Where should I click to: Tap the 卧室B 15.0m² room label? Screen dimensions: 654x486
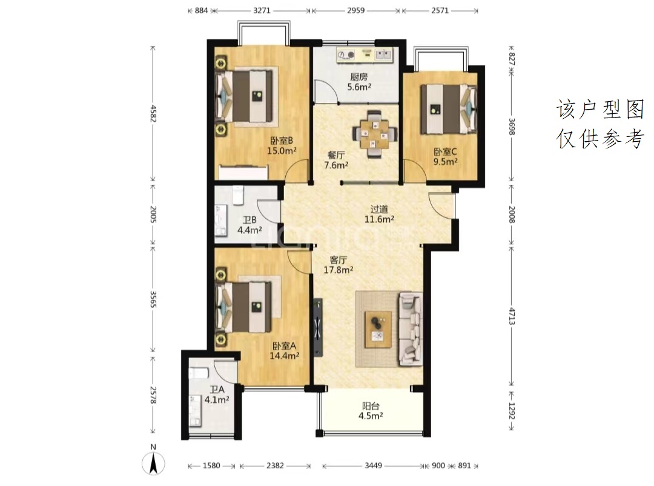click(282, 145)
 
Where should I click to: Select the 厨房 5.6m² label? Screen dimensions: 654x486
click(359, 82)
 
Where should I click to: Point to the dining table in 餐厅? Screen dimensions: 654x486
click(375, 134)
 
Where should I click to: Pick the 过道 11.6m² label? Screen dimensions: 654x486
click(379, 214)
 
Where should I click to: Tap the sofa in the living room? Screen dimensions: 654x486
click(410, 328)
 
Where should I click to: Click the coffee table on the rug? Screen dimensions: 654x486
click(378, 330)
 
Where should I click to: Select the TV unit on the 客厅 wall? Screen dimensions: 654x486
click(319, 328)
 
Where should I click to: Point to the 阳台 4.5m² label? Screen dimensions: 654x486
click(371, 410)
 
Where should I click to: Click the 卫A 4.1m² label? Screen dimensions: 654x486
click(217, 394)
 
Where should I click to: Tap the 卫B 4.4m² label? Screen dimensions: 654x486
click(249, 225)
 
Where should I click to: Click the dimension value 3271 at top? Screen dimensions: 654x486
click(262, 10)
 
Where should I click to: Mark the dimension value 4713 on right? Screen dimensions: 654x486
click(512, 316)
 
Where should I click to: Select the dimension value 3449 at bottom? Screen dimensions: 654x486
click(373, 465)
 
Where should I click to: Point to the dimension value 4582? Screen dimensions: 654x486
click(153, 113)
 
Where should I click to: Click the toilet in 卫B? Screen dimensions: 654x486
click(238, 195)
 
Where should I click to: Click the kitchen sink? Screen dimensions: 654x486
click(384, 54)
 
